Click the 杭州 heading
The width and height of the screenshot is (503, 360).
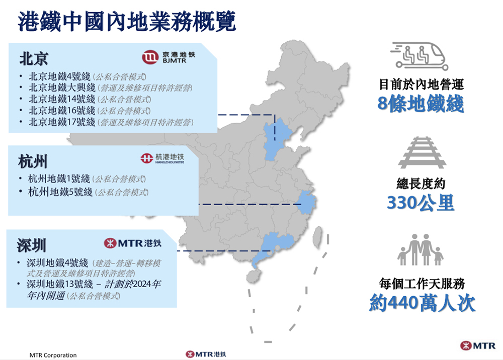click(33, 161)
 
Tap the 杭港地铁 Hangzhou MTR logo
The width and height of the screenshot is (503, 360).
click(162, 159)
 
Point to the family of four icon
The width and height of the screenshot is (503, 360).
click(421, 250)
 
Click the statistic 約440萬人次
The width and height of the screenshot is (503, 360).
click(422, 303)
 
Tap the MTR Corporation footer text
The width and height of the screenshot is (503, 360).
click(53, 355)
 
